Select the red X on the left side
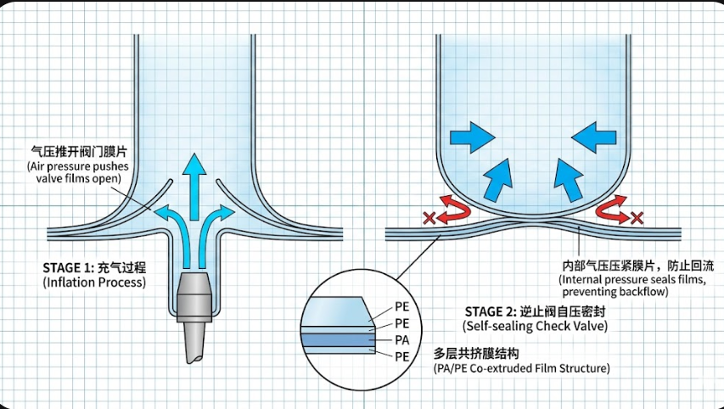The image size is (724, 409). pyautogui.click(x=429, y=219)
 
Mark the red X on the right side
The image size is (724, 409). pyautogui.click(x=636, y=219)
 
